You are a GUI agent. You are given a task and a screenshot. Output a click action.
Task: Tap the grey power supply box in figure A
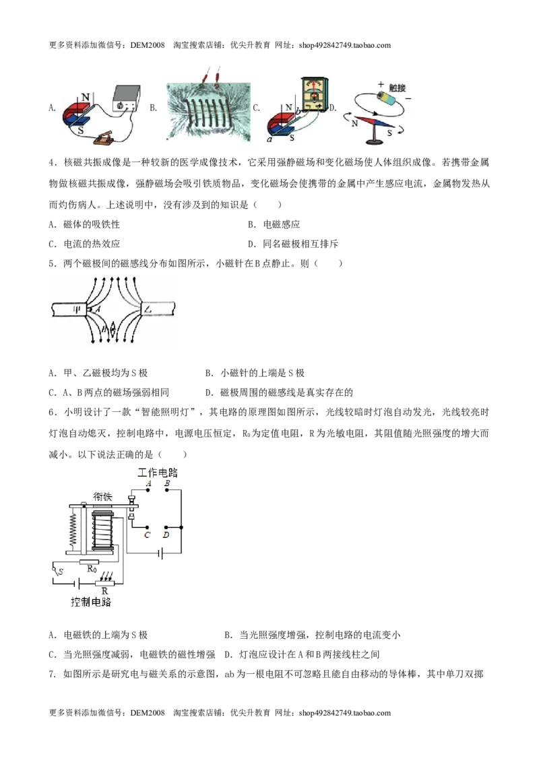tap(127, 99)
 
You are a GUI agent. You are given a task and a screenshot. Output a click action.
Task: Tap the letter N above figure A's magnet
tap(86, 98)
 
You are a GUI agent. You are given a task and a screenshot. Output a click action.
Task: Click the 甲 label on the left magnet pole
tap(76, 309)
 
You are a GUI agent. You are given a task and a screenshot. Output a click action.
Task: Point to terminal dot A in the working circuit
tap(148, 490)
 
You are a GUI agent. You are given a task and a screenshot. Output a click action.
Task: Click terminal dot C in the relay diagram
tap(147, 527)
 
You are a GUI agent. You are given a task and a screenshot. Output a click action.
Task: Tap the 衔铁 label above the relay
tap(102, 497)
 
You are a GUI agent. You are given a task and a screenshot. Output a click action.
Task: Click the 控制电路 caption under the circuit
tap(91, 602)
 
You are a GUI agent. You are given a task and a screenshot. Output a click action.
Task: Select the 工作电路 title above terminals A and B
tap(158, 473)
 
